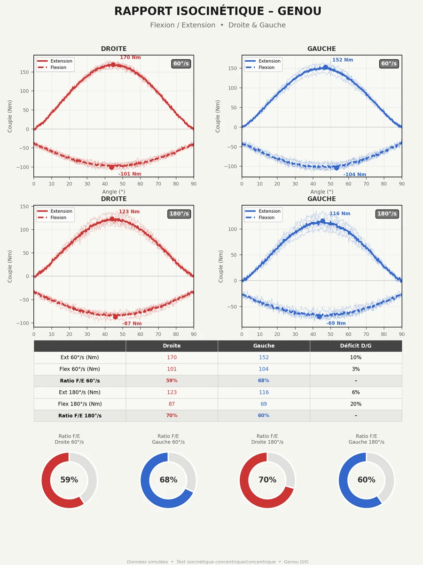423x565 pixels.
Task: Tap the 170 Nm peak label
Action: (x=130, y=57)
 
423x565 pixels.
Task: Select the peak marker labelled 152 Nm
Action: (x=325, y=67)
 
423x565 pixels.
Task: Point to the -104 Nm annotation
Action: (x=354, y=175)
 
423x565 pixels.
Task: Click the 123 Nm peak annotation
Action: (x=129, y=212)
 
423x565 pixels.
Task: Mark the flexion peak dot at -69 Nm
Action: (x=319, y=316)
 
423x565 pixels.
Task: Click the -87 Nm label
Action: (x=132, y=324)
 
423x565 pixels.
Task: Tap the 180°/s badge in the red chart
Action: (x=179, y=214)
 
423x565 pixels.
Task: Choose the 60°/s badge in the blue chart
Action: (x=389, y=64)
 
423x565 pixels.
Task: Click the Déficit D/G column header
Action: (x=356, y=346)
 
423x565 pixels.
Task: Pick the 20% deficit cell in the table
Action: (x=356, y=404)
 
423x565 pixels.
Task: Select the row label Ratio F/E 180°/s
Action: (x=80, y=416)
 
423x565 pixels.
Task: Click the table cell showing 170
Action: (x=172, y=357)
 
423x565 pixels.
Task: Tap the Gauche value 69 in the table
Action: (x=264, y=404)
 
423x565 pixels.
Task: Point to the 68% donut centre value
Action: (x=168, y=480)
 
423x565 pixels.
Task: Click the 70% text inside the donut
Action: (x=267, y=480)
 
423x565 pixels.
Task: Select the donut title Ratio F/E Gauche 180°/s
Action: (x=366, y=439)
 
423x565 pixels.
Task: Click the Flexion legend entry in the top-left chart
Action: (x=58, y=67)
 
